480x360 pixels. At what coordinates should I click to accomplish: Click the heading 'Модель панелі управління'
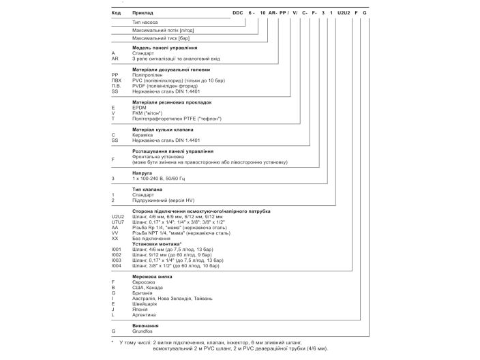pyautogui.click(x=165, y=48)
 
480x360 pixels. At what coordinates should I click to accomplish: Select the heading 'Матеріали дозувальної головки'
pyautogui.click(x=171, y=70)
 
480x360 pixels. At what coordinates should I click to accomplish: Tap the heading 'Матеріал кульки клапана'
pyautogui.click(x=163, y=129)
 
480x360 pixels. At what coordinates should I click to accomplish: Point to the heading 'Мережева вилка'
pyautogui.click(x=152, y=277)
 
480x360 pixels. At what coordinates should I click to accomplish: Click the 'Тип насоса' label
pyautogui.click(x=145, y=22)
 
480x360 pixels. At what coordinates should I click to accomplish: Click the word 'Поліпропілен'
pyautogui.click(x=149, y=75)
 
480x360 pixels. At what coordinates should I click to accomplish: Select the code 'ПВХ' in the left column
pyautogui.click(x=117, y=80)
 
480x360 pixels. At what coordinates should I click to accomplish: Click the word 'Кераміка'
pyautogui.click(x=144, y=134)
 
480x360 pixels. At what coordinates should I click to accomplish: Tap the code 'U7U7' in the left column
pyautogui.click(x=117, y=222)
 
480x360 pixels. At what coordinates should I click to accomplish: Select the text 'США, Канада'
pyautogui.click(x=148, y=288)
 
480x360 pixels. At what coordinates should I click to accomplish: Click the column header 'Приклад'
pyautogui.click(x=144, y=12)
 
